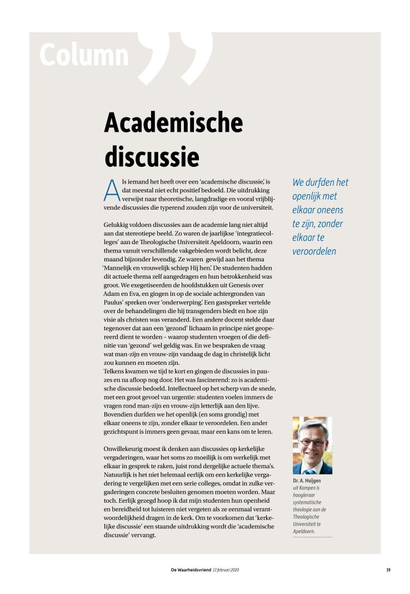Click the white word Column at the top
(84, 55)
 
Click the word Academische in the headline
(173, 123)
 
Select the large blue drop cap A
(112, 191)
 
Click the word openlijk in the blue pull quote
(314, 196)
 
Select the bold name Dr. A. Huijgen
(307, 480)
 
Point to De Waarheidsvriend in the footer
(191, 570)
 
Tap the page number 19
(388, 570)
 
